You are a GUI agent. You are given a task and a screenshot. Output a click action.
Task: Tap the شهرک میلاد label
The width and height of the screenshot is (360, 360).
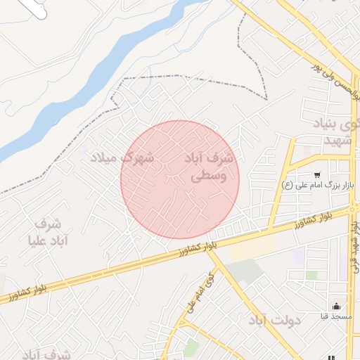[x=122, y=157]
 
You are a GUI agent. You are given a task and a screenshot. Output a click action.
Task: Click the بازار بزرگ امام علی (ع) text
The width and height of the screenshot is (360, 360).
[x=316, y=186]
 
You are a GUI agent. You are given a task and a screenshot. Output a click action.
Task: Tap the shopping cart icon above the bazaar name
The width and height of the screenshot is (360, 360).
[x=317, y=174]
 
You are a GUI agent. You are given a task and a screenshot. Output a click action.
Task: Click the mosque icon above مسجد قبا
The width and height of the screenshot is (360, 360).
[x=337, y=306]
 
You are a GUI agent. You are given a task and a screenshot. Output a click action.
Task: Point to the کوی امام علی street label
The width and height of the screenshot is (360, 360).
[x=200, y=292]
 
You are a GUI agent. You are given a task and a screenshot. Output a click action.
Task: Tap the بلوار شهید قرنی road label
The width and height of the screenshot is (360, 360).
[x=354, y=246]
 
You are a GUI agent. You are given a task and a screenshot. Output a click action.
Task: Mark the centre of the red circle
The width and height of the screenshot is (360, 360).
[x=180, y=179]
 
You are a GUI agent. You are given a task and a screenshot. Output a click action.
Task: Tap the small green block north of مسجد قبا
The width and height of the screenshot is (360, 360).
[x=311, y=275]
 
